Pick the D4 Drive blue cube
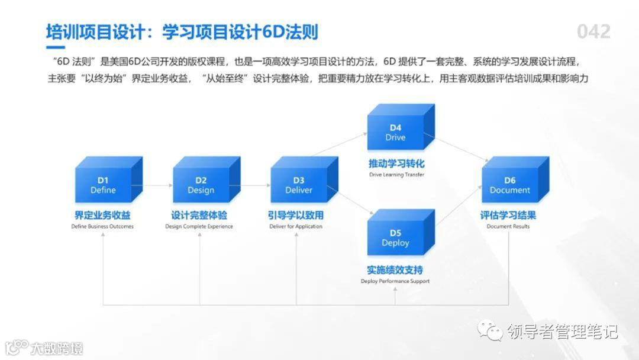[x=396, y=132]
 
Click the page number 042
[x=593, y=31]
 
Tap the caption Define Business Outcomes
[x=102, y=227]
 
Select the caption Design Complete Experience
[x=199, y=227]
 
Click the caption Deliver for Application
[x=296, y=227]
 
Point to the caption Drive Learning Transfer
[x=396, y=175]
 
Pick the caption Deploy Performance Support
[x=395, y=281]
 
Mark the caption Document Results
[x=508, y=227]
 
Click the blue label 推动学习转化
[x=396, y=163]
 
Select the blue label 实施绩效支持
[x=395, y=270]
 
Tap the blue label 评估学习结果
[x=508, y=216]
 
